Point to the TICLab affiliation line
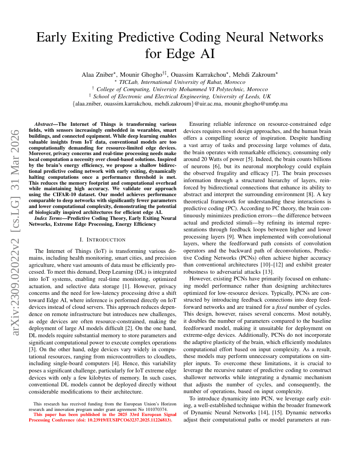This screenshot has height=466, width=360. [x=180, y=82]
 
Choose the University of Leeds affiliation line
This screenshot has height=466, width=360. [x=180, y=96]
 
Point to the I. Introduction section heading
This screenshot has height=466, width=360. [x=103, y=240]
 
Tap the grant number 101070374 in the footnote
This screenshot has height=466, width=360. [x=154, y=409]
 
